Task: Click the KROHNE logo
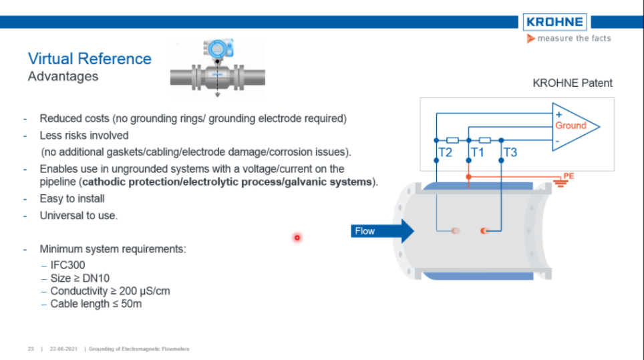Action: (554, 21)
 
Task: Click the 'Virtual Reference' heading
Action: (90, 59)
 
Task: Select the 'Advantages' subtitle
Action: (63, 77)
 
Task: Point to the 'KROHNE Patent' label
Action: (572, 83)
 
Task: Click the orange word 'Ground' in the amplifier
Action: (571, 126)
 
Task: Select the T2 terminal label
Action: (446, 153)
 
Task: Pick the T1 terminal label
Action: (477, 153)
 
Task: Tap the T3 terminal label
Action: (510, 153)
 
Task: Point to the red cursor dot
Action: (297, 237)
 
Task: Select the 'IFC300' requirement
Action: (67, 265)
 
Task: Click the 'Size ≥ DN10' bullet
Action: (78, 278)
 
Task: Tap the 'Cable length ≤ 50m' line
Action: (96, 304)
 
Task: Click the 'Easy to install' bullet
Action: (72, 198)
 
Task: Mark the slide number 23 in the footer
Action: (31, 349)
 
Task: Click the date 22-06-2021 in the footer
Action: (63, 349)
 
